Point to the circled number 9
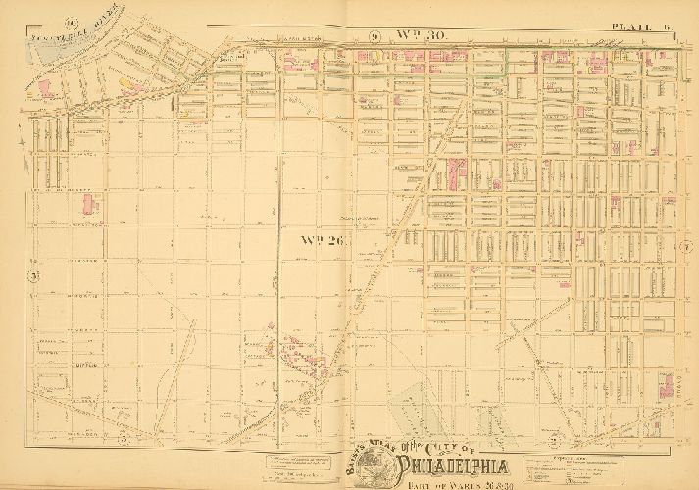374,37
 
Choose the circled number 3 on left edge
32,276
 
